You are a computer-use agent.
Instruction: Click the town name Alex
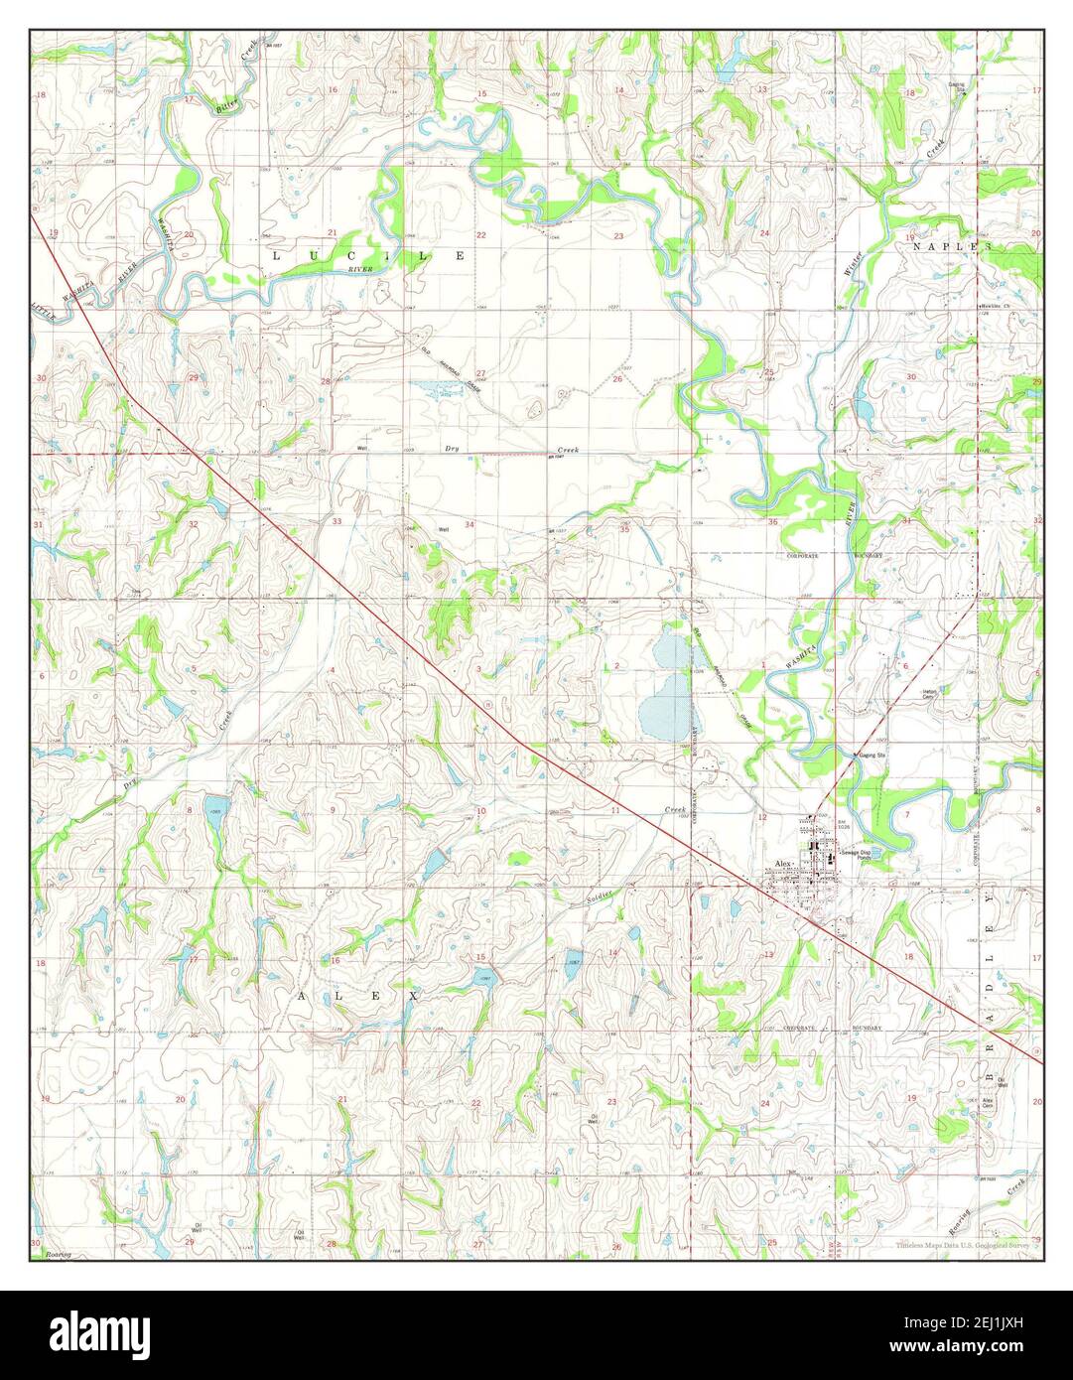point(783,864)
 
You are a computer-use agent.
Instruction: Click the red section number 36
point(771,520)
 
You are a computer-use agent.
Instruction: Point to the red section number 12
point(762,816)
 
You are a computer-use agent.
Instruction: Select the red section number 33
point(336,521)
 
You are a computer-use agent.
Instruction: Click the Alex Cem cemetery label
point(988,1103)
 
